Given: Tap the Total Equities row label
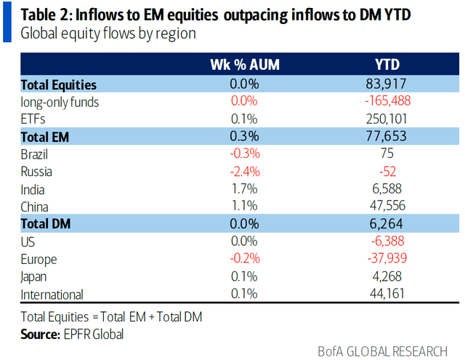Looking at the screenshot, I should click(59, 85).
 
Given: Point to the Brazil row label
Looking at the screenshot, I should click(37, 155).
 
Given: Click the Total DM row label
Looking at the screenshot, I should click(49, 225).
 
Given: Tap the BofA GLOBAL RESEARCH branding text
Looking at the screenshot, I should click(383, 351).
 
